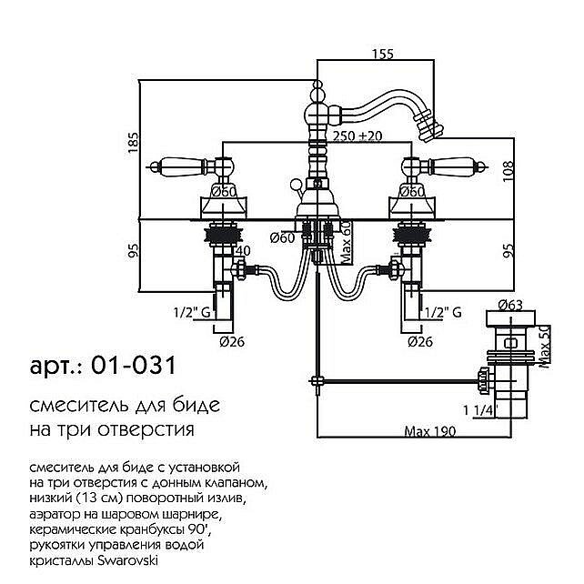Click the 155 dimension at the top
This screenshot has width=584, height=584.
click(382, 55)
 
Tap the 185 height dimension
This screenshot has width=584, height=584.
click(134, 142)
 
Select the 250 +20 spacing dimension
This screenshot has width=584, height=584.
click(357, 136)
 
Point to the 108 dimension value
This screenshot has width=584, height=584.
click(508, 171)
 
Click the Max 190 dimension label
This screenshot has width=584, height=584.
click(429, 432)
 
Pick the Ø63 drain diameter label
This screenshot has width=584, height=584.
click(510, 305)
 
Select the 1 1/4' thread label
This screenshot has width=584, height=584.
click(478, 410)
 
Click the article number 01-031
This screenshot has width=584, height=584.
click(133, 366)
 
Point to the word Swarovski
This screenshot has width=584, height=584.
click(127, 560)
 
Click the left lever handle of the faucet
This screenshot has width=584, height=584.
click(181, 166)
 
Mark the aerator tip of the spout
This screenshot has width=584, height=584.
click(429, 128)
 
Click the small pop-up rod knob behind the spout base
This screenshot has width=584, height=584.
click(296, 184)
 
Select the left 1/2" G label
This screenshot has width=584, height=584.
click(192, 312)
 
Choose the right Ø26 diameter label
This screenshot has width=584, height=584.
click(420, 341)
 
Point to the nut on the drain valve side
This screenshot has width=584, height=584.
click(484, 380)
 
